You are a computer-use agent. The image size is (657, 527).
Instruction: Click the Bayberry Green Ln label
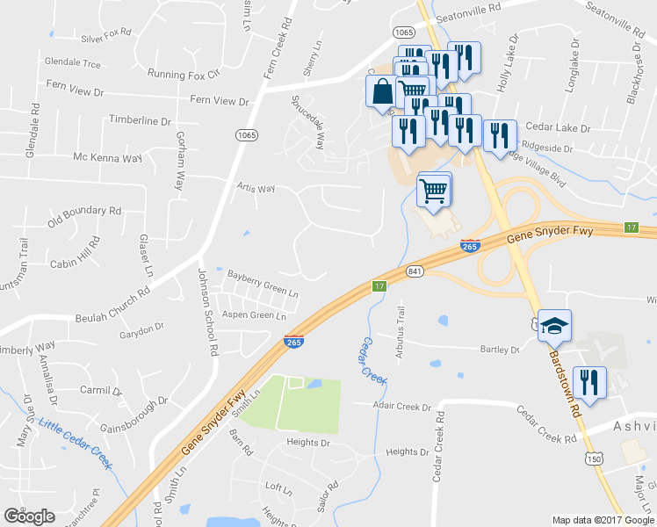[x=263, y=281]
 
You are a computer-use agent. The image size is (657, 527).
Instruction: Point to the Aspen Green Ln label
[x=254, y=314]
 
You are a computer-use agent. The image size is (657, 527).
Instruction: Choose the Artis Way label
[x=256, y=188]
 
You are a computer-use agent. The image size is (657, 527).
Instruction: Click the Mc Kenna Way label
[x=107, y=158]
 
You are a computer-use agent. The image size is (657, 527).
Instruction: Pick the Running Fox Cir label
[x=184, y=75]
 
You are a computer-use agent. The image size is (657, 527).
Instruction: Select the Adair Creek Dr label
[x=401, y=408]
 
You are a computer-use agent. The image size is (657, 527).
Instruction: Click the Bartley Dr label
[x=500, y=350]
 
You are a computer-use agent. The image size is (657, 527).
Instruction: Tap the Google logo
[x=29, y=516]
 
